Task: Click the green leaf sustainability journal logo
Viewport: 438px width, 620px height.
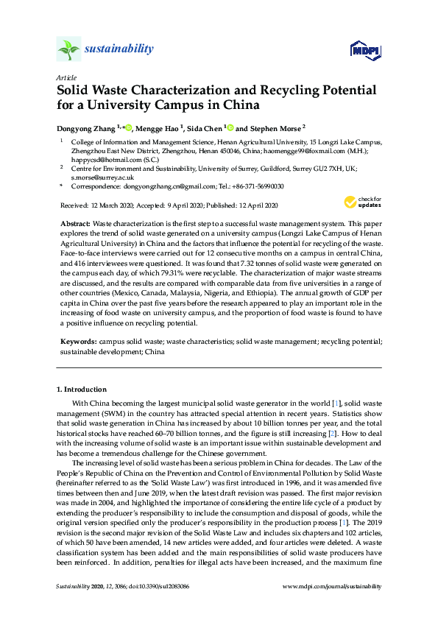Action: click(x=68, y=49)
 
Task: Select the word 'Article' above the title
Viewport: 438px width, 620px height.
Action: click(x=66, y=77)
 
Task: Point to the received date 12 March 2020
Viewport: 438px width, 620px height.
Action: click(x=113, y=205)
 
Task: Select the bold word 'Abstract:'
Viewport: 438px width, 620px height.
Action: click(x=74, y=222)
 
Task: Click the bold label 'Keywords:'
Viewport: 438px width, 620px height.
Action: click(x=77, y=342)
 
